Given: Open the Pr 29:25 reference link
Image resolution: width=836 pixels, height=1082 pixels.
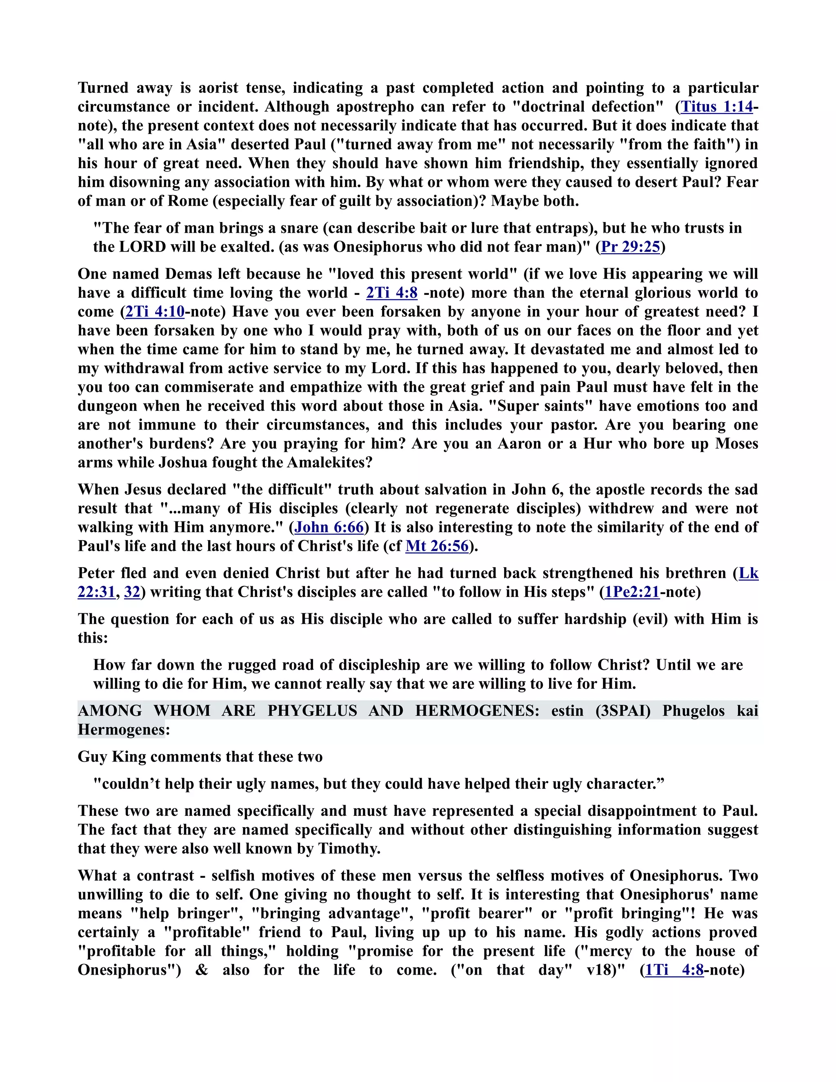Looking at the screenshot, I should (630, 247).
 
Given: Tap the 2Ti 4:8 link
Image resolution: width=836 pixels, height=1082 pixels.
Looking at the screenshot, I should (392, 293).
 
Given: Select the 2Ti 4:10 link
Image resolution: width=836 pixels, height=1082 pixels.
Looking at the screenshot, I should (155, 312).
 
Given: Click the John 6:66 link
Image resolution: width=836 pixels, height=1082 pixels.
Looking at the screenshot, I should (329, 527).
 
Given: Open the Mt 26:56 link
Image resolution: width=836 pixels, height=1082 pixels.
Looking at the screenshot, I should (437, 546).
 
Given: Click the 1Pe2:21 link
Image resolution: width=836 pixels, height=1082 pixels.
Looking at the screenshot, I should (632, 592).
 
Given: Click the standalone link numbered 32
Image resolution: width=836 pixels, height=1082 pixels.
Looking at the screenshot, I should (132, 592).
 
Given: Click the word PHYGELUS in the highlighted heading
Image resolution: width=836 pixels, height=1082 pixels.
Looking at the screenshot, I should (312, 711).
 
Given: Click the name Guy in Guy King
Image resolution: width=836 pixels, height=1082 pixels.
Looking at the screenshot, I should (92, 757).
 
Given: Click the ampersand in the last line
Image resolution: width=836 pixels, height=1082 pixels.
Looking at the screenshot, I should (202, 970).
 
